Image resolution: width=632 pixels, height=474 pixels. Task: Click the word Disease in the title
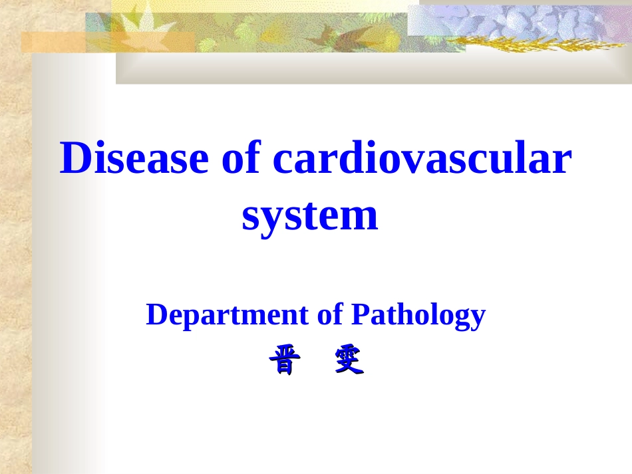[x=134, y=157]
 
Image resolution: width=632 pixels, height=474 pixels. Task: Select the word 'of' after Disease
[x=241, y=157]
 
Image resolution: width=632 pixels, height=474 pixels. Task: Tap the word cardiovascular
[x=422, y=157]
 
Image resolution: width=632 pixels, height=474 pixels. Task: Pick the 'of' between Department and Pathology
[x=330, y=314]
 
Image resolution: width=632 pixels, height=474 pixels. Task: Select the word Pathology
[x=418, y=316]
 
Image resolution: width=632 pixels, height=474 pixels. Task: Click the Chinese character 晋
[x=285, y=360]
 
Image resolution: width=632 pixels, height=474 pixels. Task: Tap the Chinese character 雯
[x=349, y=359]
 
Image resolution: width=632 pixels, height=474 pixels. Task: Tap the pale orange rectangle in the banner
[x=108, y=43]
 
